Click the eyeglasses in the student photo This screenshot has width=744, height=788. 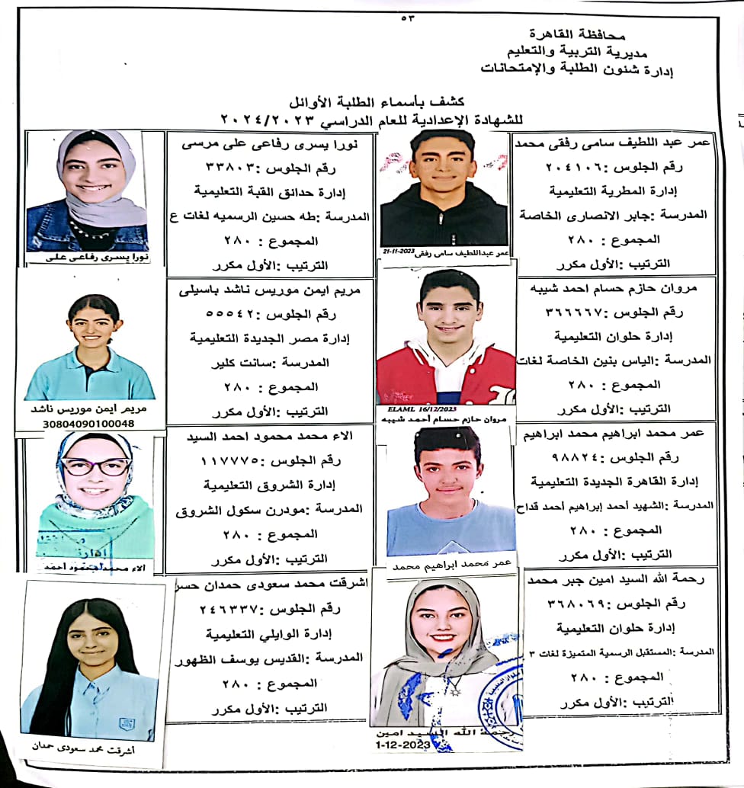(96, 467)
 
